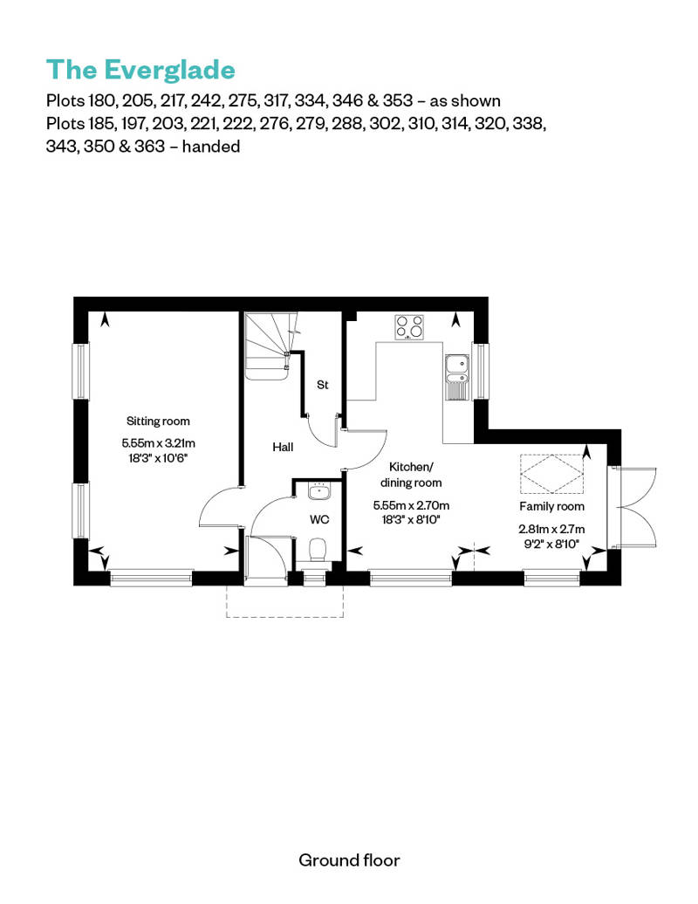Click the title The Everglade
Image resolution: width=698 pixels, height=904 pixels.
click(x=140, y=69)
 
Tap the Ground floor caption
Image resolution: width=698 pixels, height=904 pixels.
click(x=349, y=860)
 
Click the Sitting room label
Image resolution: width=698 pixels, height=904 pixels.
click(x=158, y=421)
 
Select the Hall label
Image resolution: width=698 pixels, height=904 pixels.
click(x=282, y=447)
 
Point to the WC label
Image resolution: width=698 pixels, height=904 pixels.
click(x=319, y=519)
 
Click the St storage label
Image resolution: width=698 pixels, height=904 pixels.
click(x=322, y=385)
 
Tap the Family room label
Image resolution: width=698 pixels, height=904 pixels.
click(x=551, y=506)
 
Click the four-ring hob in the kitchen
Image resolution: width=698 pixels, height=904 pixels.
click(x=410, y=326)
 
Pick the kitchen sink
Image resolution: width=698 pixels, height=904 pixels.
click(x=456, y=376)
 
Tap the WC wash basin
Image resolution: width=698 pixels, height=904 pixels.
click(x=318, y=491)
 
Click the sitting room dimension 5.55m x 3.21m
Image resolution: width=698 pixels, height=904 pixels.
click(x=158, y=442)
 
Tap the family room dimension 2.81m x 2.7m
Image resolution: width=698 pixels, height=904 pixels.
click(x=551, y=528)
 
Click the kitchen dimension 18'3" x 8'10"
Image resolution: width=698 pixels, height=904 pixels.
click(x=408, y=518)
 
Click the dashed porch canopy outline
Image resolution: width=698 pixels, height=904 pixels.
click(x=286, y=602)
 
